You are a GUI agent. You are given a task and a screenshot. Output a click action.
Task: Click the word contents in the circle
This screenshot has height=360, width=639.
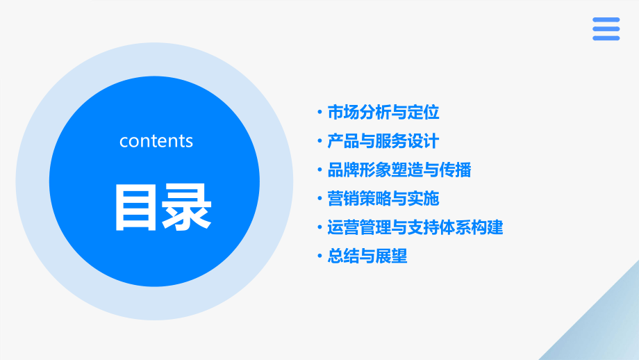[156, 141]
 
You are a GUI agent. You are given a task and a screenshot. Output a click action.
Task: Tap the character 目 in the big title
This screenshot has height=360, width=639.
[136, 207]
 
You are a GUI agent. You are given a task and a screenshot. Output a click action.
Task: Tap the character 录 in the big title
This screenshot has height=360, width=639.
[186, 207]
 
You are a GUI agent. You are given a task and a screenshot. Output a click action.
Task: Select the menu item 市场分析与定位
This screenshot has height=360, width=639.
[383, 113]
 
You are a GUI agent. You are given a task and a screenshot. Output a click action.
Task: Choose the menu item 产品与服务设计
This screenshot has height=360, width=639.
[383, 141]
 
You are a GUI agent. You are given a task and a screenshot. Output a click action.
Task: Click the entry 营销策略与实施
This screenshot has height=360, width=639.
[383, 198]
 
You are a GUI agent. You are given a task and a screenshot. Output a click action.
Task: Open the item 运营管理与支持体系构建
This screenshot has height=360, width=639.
[415, 227]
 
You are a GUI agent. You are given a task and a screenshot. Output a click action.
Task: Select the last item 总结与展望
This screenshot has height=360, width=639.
[367, 256]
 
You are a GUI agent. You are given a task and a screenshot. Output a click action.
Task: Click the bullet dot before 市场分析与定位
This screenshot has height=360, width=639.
[319, 113]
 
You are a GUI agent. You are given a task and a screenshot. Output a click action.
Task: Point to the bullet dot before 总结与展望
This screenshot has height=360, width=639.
[319, 256]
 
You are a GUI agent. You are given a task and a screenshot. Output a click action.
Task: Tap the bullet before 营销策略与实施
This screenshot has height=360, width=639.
[319, 198]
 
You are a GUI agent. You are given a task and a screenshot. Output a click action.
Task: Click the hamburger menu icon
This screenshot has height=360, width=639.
[606, 29]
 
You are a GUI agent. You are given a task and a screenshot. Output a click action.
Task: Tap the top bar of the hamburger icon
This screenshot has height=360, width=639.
[606, 20]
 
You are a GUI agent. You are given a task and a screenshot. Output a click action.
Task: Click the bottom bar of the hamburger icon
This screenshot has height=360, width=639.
[606, 38]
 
